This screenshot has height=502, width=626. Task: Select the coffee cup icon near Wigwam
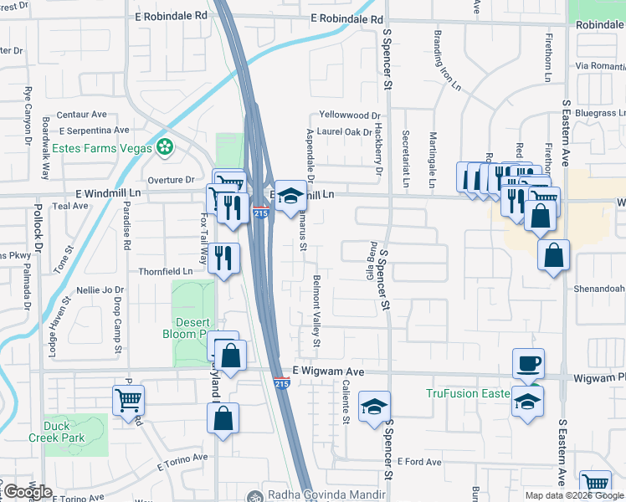528,364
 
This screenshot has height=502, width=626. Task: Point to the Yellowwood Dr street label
350,116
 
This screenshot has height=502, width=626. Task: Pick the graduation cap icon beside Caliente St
373,407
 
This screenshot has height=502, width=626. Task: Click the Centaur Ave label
82,115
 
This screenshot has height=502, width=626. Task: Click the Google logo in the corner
28,492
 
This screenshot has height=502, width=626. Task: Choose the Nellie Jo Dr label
100,289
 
